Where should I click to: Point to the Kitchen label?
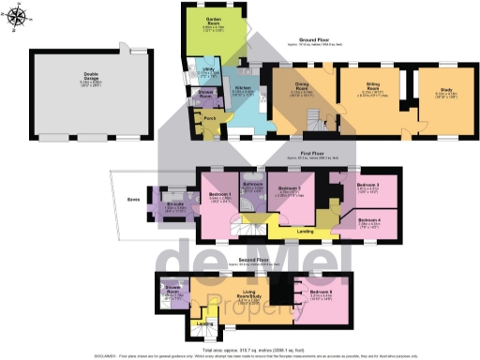coord(241,90)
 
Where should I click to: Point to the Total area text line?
coord(240,348)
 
